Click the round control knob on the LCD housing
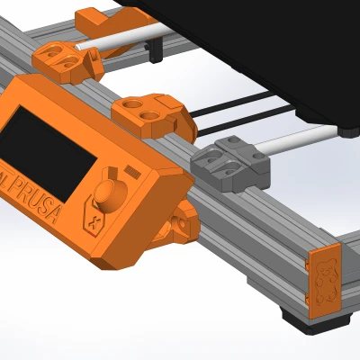point(109,193)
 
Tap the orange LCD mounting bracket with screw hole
point(180,225)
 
